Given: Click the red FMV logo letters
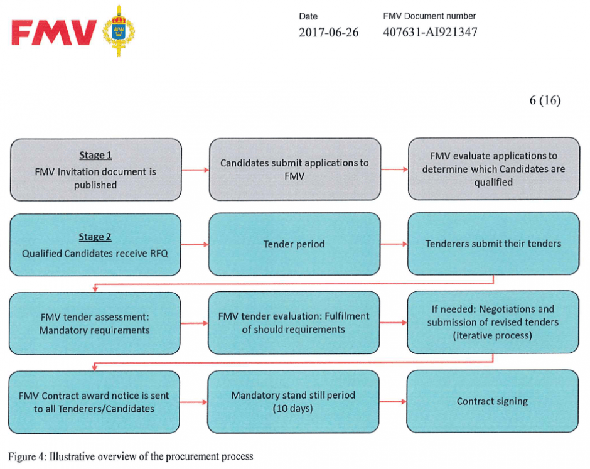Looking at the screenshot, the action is [x=54, y=33].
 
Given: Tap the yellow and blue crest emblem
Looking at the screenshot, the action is [x=119, y=31].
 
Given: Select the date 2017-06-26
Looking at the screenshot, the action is [x=328, y=33].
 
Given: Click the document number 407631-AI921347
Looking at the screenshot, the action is [x=430, y=32].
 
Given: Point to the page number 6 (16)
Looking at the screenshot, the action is [x=545, y=100].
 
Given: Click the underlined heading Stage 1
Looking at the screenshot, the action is [x=95, y=155].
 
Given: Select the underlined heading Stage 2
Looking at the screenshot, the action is [x=95, y=237].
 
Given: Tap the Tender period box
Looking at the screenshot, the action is [x=294, y=244].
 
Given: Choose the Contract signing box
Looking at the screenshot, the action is [x=492, y=401].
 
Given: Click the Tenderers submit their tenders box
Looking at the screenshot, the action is [x=493, y=244].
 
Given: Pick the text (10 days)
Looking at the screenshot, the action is [x=292, y=408].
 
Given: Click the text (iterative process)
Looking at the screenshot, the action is [x=493, y=335].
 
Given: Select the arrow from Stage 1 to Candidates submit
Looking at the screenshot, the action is [x=195, y=170].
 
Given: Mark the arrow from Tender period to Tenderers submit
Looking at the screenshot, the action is [x=394, y=244].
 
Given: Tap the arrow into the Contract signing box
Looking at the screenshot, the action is [x=393, y=402].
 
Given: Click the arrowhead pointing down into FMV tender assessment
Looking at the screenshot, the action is [x=95, y=289].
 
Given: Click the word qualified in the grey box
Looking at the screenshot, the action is [x=493, y=183].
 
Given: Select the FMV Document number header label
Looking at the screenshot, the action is [x=429, y=16].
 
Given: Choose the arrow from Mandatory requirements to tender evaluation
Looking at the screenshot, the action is [x=194, y=323].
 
